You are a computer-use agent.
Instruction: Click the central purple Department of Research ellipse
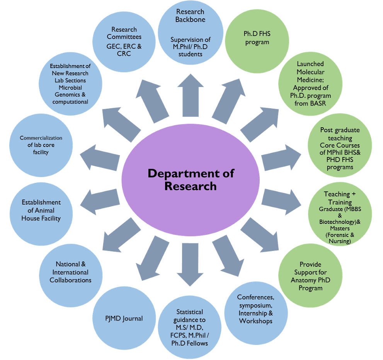tap(191, 180)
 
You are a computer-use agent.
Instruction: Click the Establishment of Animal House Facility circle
tap(41, 211)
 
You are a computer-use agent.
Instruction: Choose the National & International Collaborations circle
tap(71, 272)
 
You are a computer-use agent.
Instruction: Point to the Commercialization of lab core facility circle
tap(41, 145)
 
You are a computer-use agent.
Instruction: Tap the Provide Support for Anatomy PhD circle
tap(310, 276)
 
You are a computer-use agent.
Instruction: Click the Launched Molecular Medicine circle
tap(310, 84)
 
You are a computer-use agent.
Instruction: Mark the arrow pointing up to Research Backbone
tap(191, 95)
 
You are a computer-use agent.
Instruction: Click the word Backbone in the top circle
tap(191, 20)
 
